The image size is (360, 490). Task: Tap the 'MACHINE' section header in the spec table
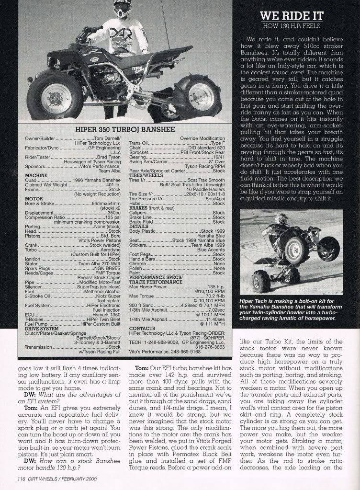36,175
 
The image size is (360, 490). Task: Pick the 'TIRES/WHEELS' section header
147,175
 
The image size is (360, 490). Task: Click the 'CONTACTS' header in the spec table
142,329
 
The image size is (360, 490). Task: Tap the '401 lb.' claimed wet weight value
113,184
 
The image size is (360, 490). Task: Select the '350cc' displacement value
113,212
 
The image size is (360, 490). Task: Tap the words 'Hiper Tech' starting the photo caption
254,301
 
